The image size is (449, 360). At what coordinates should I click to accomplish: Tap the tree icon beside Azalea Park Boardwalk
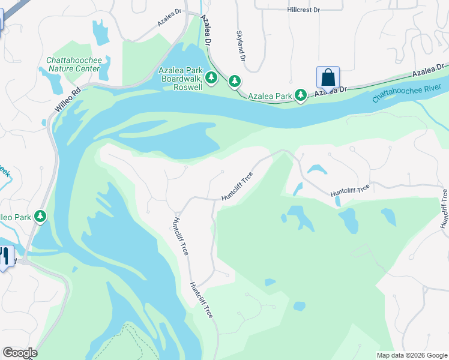pyautogui.click(x=211, y=78)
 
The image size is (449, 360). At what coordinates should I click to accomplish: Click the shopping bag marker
pyautogui.click(x=328, y=78)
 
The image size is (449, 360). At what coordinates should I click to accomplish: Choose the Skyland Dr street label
pyautogui.click(x=241, y=46)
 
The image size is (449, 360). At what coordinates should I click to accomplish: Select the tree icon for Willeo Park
pyautogui.click(x=40, y=215)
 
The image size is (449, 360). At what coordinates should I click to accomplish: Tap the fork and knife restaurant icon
pyautogui.click(x=4, y=257)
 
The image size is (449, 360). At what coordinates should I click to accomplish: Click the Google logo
pyautogui.click(x=20, y=353)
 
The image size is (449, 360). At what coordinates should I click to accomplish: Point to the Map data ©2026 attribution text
pyautogui.click(x=411, y=355)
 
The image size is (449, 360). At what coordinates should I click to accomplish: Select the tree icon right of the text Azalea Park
pyautogui.click(x=300, y=95)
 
